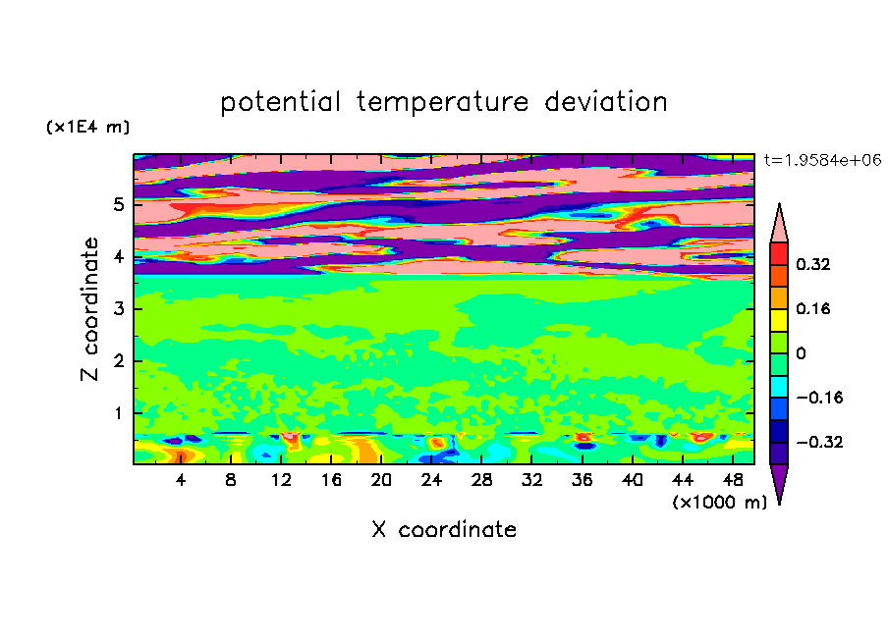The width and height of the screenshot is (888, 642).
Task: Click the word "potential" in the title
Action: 280,103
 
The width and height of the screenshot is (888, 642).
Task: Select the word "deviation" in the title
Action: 605,102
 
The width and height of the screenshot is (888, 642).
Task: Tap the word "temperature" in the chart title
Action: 443,103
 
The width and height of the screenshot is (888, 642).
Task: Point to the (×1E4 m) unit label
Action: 87,127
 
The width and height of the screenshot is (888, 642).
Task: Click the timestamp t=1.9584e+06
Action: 822,160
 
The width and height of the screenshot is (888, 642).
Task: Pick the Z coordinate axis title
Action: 90,309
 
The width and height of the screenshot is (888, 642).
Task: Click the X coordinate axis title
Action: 444,529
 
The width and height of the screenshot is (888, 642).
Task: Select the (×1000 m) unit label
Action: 719,503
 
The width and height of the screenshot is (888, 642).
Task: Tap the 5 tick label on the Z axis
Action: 118,204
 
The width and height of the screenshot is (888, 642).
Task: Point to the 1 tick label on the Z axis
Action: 118,413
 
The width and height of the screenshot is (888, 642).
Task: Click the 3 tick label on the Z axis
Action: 118,309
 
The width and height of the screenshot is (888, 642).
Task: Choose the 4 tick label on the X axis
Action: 181,480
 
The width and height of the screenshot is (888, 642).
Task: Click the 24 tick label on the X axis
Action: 431,480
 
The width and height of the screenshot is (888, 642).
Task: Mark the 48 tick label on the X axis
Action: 732,480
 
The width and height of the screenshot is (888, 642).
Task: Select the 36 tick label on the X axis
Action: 582,480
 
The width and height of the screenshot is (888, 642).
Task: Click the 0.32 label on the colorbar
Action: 812,264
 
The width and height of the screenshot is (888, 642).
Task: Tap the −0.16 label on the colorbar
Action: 819,398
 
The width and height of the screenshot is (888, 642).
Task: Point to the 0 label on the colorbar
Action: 801,353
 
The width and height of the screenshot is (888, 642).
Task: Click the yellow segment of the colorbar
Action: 779,320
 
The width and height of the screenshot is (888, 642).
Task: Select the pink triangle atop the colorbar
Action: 779,227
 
